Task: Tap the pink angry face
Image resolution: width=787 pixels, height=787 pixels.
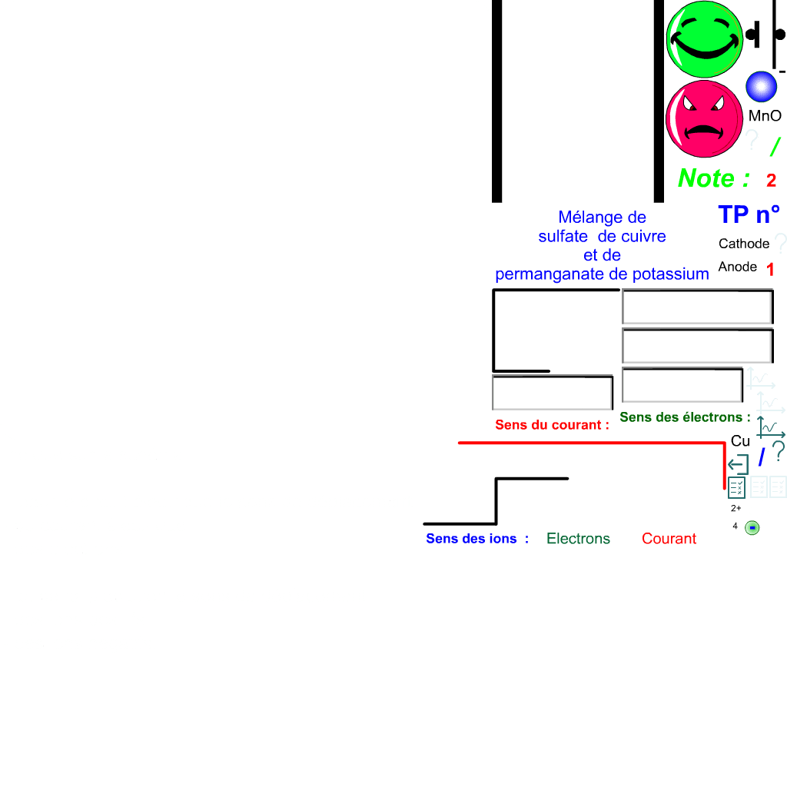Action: (x=703, y=119)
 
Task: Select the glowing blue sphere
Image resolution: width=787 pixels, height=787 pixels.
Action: (x=761, y=87)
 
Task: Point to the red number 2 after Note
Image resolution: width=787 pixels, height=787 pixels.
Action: (x=771, y=181)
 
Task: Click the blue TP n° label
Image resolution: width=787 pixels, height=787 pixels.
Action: (x=748, y=214)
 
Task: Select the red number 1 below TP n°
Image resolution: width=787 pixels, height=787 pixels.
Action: (x=770, y=270)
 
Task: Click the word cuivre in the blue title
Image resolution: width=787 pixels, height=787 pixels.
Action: (x=643, y=237)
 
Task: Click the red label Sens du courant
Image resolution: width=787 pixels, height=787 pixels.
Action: (x=552, y=425)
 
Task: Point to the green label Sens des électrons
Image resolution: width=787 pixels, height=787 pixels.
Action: (x=684, y=417)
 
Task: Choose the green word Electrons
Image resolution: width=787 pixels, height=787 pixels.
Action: (x=578, y=539)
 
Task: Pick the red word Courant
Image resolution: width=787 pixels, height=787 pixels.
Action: (x=669, y=539)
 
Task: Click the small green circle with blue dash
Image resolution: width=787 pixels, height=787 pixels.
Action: (x=752, y=528)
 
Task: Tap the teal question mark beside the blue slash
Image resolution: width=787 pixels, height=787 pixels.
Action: (x=778, y=451)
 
